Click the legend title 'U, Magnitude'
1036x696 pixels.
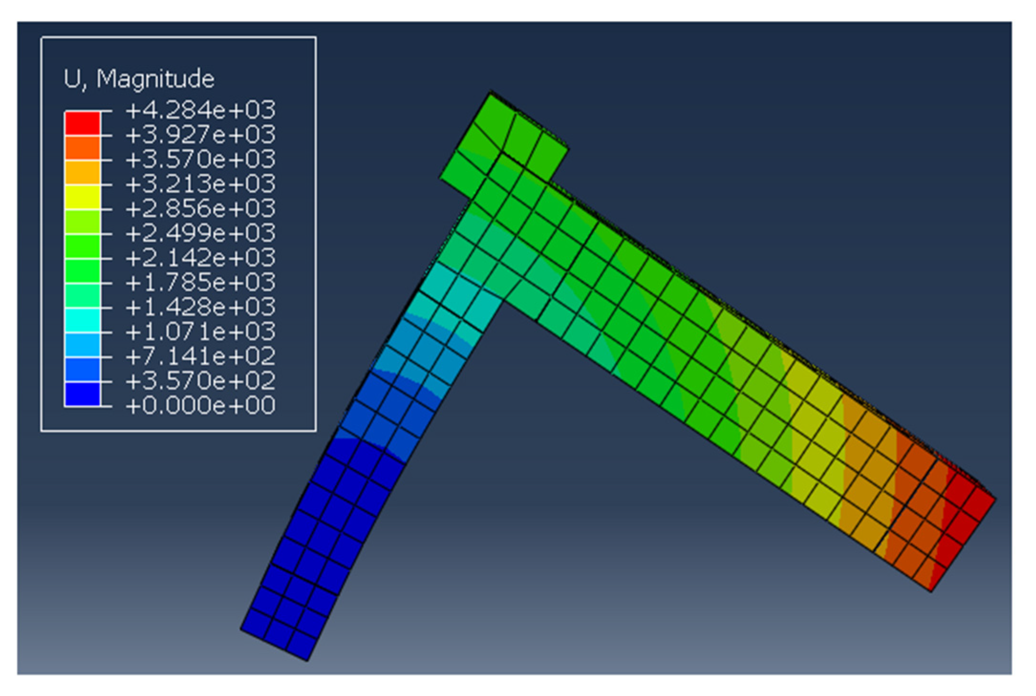(139, 79)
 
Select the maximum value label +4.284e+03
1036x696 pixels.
(201, 110)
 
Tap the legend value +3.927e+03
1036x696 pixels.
(201, 135)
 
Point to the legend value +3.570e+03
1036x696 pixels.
(201, 159)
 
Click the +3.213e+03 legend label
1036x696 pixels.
(201, 184)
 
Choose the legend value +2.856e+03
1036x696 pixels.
(201, 209)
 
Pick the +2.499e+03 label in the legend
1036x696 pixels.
(201, 233)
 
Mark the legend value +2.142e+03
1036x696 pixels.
(201, 258)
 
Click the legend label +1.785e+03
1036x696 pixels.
(201, 283)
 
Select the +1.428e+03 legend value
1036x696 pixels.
(201, 307)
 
